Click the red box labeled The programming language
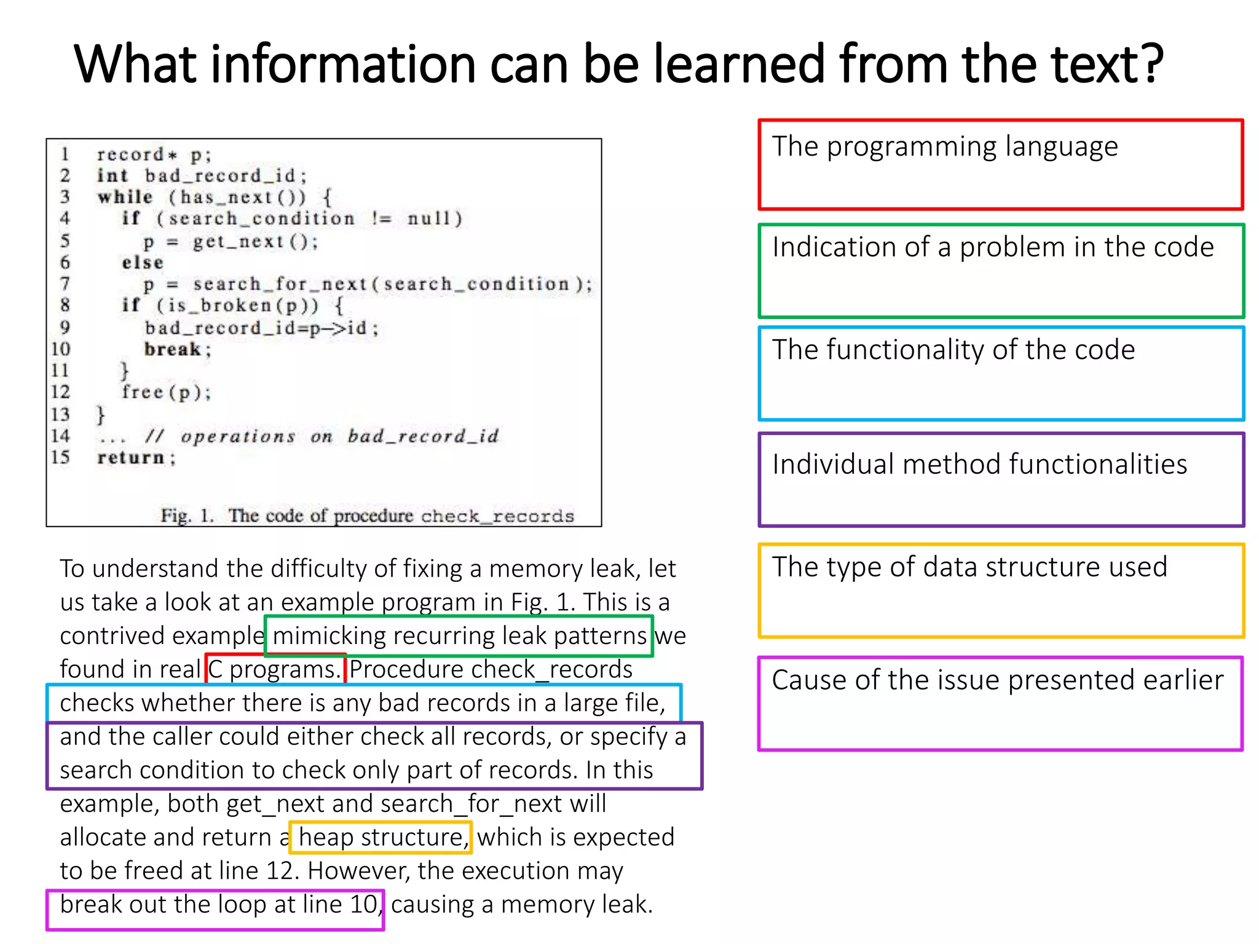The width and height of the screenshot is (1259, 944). point(1001,165)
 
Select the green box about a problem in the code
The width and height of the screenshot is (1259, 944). point(1001,270)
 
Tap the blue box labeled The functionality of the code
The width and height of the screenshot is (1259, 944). point(1001,374)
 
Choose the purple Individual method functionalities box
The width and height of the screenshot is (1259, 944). point(1001,480)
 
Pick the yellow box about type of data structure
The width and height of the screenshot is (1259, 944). point(1001,591)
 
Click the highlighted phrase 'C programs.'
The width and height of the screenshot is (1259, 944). point(275,669)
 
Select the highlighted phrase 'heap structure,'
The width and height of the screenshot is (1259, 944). point(381,837)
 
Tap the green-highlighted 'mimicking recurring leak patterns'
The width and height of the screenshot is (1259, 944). point(459,635)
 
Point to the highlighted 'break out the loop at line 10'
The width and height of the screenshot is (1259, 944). point(218,905)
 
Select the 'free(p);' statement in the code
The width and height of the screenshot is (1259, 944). point(166,392)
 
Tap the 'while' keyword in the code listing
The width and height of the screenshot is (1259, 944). point(125,197)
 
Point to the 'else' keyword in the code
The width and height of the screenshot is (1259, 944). point(143,263)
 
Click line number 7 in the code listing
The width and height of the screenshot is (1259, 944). point(65,284)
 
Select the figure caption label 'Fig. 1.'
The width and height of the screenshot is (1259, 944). point(187,516)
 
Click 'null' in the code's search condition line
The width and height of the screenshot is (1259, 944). point(434,219)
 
